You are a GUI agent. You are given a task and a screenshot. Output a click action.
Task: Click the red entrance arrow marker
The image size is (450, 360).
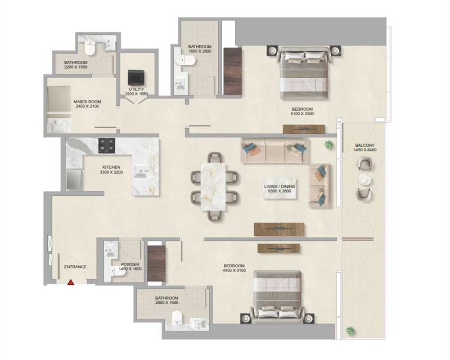[71, 283]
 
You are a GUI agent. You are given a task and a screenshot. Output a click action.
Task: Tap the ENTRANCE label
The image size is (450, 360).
[75, 267]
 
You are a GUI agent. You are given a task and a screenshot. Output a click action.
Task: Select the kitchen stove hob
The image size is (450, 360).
[107, 145]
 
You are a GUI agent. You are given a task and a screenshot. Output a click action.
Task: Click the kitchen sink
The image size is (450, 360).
[141, 171]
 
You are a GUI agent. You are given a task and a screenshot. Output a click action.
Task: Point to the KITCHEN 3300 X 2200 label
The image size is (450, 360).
[111, 170]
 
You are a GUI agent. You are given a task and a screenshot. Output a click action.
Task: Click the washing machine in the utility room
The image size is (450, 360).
[136, 77]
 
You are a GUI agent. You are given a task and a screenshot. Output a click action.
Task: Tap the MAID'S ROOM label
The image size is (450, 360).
[87, 104]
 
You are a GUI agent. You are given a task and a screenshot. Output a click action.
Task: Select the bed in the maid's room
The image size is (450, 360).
[59, 109]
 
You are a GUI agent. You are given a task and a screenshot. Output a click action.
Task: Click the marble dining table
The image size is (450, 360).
[213, 187]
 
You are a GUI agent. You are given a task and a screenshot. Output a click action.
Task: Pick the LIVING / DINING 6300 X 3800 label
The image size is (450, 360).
[279, 189]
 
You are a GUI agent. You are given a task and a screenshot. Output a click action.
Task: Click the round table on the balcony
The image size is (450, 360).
[365, 180]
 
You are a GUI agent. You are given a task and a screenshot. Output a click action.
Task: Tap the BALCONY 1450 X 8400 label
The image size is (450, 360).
[365, 148]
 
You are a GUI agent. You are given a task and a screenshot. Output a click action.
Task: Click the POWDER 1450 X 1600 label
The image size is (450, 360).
[130, 267]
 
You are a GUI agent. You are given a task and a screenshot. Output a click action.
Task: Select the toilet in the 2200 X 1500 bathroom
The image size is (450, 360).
[90, 48]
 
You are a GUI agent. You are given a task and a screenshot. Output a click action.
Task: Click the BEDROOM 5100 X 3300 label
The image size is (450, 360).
[302, 112]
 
